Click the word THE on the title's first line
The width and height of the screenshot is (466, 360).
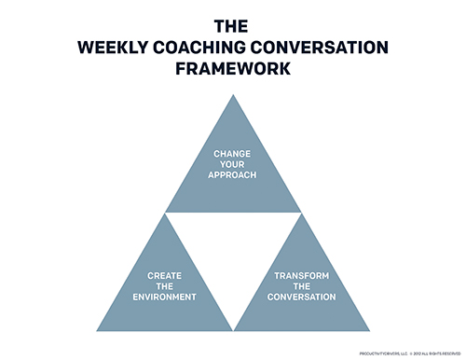(x=232, y=26)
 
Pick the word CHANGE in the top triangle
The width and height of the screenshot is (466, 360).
(x=233, y=152)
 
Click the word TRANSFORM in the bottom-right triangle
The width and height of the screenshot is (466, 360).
(x=300, y=276)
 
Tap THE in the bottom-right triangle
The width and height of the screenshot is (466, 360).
(x=300, y=286)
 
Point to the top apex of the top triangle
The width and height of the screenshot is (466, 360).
(x=233, y=95)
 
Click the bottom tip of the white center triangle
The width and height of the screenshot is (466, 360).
(x=233, y=328)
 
